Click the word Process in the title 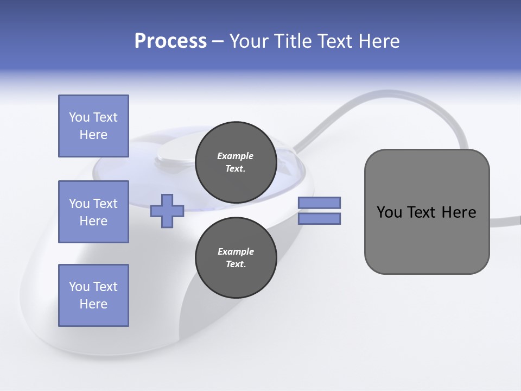click(170, 41)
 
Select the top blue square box click(93, 126)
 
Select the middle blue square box click(93, 212)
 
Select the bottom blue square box click(93, 295)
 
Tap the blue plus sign click(167, 211)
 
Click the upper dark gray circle click(236, 162)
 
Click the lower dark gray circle click(236, 257)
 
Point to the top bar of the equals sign click(319, 203)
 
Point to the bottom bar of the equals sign click(319, 218)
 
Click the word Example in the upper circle click(236, 156)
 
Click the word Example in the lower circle click(236, 251)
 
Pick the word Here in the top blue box click(93, 135)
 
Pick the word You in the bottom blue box click(79, 287)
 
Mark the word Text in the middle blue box click(105, 204)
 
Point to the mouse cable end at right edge click(513, 220)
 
